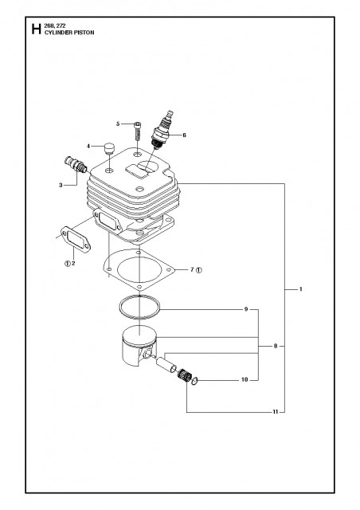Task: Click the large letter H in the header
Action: [36, 32]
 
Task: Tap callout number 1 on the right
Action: [300, 288]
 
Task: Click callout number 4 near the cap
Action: [92, 146]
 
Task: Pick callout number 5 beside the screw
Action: [118, 124]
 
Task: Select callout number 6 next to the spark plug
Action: [185, 135]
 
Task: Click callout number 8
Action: [275, 347]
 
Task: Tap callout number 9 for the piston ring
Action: [246, 308]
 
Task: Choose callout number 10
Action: [245, 380]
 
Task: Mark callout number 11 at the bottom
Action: [275, 412]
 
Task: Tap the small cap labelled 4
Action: [108, 149]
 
